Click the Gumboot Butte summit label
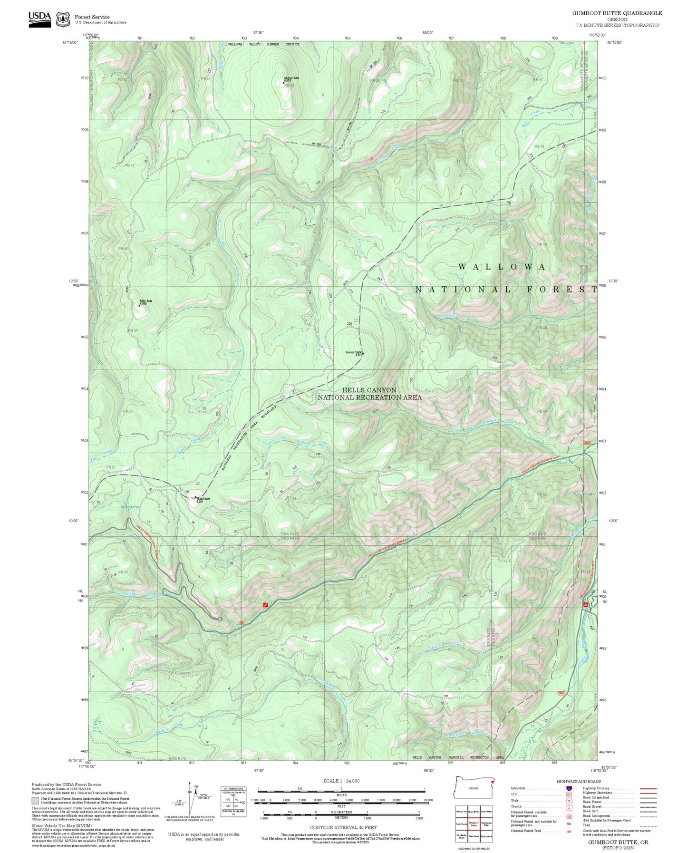pyautogui.click(x=354, y=352)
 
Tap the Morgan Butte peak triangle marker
pyautogui.click(x=284, y=82)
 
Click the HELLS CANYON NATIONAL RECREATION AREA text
pyautogui.click(x=369, y=394)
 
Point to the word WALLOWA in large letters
pyautogui.click(x=502, y=267)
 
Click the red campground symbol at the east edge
pyautogui.click(x=586, y=604)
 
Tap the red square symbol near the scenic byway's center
pyautogui.click(x=265, y=605)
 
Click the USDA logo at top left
pyautogui.click(x=39, y=19)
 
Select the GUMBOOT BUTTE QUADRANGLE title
pyautogui.click(x=617, y=13)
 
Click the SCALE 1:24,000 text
pyautogui.click(x=341, y=781)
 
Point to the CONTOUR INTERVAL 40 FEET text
pyautogui.click(x=341, y=828)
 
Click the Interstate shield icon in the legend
pyautogui.click(x=568, y=788)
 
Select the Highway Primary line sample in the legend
pyautogui.click(x=648, y=788)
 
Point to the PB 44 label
pyautogui.click(x=539, y=146)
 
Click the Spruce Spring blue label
pyautogui.click(x=129, y=507)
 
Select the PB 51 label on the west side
pyautogui.click(x=111, y=467)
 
